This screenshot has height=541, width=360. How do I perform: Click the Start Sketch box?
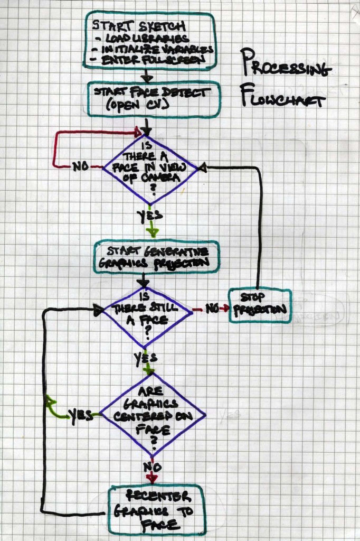pos(150,41)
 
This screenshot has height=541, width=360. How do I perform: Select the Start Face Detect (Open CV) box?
pos(153,99)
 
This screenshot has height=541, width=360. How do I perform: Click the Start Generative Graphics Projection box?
pos(157,256)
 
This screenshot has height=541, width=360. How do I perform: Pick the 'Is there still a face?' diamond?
pos(147,311)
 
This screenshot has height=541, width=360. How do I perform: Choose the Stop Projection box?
pos(260,305)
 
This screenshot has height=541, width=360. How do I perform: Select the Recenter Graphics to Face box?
pos(156,509)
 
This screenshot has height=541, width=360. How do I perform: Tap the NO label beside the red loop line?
pos(79,166)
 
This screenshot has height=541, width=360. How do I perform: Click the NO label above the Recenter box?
pos(152,467)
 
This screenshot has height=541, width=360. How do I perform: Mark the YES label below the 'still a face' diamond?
pos(145,358)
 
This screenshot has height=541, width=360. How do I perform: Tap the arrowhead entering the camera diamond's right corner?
pos(201,167)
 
